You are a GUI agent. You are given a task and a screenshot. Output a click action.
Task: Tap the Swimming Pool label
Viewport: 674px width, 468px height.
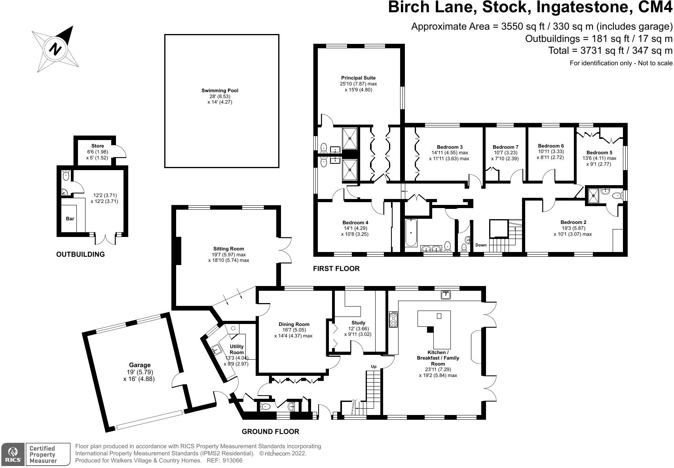[220, 91]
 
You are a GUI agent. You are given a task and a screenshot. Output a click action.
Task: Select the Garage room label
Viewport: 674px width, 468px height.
[139, 365]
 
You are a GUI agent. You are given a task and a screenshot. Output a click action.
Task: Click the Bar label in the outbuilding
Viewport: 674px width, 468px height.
[70, 219]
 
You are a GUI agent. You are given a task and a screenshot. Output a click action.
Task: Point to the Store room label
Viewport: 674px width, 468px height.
[97, 146]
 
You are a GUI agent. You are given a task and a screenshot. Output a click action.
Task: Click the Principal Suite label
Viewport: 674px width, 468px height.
[358, 78]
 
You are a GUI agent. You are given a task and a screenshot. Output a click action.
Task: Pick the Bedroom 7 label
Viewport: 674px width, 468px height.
[505, 147]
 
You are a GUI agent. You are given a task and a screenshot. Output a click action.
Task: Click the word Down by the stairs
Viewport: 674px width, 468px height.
[481, 245]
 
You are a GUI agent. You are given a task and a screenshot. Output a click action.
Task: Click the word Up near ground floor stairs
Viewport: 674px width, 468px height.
[374, 367]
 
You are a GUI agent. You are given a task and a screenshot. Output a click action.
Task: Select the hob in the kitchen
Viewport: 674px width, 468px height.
[393, 319]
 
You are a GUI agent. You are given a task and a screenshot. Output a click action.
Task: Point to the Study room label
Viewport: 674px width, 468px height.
[358, 323]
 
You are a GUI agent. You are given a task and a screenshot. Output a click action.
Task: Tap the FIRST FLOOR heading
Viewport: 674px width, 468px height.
[336, 269]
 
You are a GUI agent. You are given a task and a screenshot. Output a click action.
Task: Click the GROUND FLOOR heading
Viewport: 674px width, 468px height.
[270, 432]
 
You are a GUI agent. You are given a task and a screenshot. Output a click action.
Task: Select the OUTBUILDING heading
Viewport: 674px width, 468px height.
[80, 254]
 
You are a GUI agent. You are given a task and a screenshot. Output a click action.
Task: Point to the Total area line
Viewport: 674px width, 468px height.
[610, 51]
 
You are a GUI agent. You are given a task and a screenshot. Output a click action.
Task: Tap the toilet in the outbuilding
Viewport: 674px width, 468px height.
[66, 175]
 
